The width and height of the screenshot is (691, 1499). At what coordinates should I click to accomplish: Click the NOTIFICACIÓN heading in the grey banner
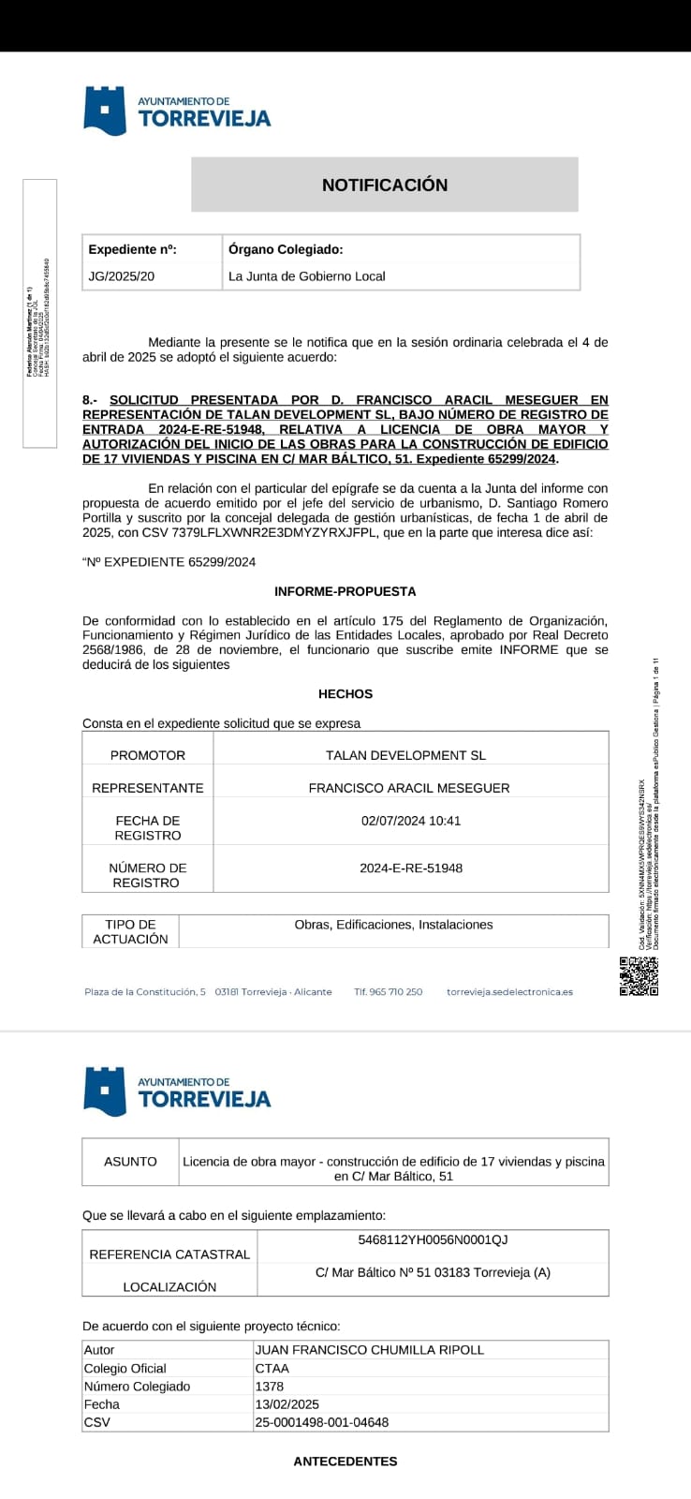coord(385,185)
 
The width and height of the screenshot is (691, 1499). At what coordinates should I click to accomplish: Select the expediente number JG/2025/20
coord(122,276)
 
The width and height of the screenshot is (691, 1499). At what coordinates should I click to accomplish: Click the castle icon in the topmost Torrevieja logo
coord(105,111)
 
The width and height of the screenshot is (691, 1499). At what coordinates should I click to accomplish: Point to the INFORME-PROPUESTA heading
coord(345,591)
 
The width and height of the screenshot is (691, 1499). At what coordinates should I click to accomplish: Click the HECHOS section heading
coord(345,694)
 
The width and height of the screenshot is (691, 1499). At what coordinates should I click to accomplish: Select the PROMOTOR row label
coord(148,755)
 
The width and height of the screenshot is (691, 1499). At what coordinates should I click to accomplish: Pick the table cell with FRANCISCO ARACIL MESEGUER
coord(409,788)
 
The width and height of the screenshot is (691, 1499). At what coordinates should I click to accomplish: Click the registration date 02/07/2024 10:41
coord(411,821)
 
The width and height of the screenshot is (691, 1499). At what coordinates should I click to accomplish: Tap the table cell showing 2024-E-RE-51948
coord(411,868)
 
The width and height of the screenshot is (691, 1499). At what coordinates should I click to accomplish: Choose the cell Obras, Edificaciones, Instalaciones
coord(393,925)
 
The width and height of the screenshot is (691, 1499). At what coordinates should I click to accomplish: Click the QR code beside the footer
coord(639,975)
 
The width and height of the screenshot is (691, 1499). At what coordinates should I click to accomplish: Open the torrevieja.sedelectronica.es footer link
coord(509,992)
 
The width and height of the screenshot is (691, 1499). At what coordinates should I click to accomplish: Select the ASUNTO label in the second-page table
coord(130,1162)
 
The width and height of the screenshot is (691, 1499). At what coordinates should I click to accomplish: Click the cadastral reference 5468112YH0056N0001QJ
coord(433,1240)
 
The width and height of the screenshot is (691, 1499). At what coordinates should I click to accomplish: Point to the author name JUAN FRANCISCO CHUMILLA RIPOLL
coord(370,1350)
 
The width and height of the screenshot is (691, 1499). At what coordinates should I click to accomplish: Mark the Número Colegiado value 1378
coord(270,1387)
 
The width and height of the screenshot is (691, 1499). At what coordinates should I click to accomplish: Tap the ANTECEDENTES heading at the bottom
coord(345,1462)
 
